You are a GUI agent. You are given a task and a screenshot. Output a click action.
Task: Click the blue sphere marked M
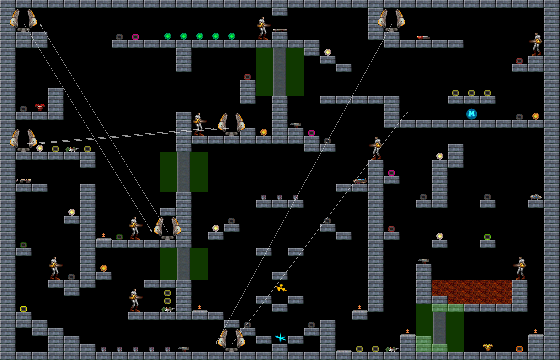click(472, 114)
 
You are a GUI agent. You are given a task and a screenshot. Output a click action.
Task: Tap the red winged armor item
click(40, 107)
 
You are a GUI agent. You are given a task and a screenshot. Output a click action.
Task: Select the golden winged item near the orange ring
click(488, 347)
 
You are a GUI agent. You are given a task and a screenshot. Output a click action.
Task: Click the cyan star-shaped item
click(280, 338)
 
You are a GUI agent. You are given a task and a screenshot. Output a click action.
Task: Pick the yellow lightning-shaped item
click(281, 288)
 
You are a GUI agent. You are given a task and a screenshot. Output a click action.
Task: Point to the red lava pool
click(471, 291)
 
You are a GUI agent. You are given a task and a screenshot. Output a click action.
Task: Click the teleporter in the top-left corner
click(23, 20)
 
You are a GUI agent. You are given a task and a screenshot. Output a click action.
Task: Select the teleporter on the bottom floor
click(231, 340)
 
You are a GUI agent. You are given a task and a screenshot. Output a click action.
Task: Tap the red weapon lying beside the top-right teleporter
click(423, 37)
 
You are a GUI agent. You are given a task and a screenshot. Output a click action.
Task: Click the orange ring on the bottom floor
click(519, 349)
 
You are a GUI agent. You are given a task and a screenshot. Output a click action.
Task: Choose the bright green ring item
click(487, 237)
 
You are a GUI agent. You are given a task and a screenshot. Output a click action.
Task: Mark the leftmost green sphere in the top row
click(168, 36)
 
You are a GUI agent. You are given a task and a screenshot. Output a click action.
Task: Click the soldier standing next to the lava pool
click(521, 268)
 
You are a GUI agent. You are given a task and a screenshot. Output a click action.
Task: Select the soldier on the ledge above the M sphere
click(536, 44)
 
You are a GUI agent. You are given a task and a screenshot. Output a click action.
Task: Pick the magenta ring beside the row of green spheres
click(135, 37)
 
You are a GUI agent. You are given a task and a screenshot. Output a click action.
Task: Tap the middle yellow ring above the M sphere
click(471, 93)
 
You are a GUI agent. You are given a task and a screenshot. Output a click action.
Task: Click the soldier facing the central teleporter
click(199, 124)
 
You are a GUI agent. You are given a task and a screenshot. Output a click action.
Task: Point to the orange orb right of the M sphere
click(536, 116)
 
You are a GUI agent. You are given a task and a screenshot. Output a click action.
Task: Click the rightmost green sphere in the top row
click(232, 36)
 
